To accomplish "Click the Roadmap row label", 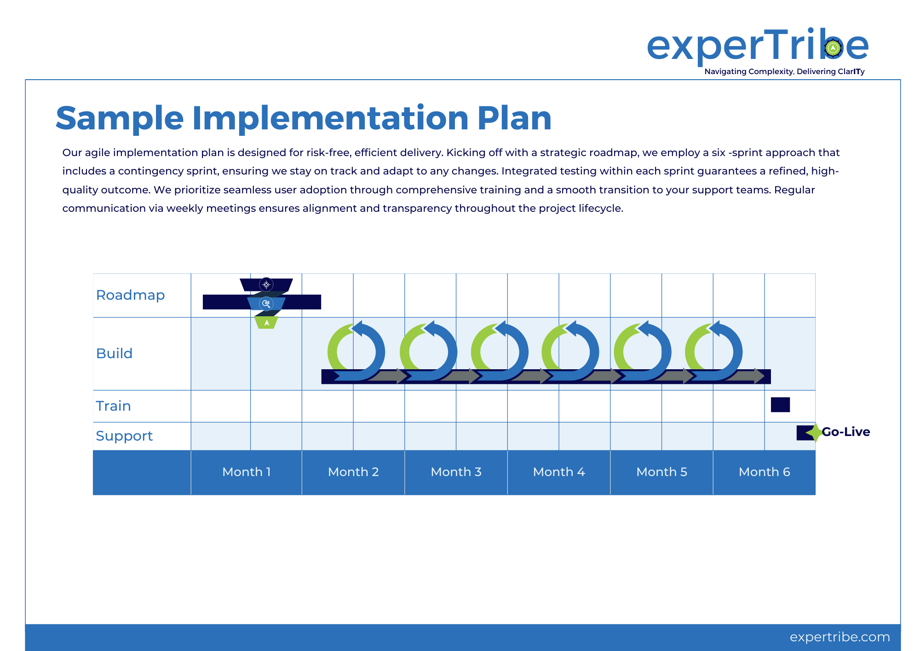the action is click(x=130, y=295).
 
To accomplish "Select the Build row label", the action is click(x=114, y=353).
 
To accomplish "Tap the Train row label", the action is click(x=113, y=406).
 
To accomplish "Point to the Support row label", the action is click(x=124, y=436).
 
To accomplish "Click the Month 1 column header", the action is click(x=247, y=472).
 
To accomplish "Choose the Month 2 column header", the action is click(x=353, y=472).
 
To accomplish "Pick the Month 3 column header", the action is click(x=456, y=472).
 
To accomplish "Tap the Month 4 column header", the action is click(x=559, y=472).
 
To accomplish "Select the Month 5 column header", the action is click(x=661, y=472).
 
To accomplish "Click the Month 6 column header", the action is click(x=764, y=472).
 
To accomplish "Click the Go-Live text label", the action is click(x=846, y=432).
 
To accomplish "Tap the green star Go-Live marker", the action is click(x=815, y=433).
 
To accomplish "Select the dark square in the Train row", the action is click(x=780, y=405).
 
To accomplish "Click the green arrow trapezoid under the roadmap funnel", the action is click(x=266, y=322).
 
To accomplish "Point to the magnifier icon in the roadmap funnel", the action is click(x=266, y=303).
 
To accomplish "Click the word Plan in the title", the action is click(x=514, y=118).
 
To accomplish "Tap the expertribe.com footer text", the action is click(x=839, y=637).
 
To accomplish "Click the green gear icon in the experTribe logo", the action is click(x=833, y=47).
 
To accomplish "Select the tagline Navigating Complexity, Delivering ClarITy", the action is click(x=784, y=71).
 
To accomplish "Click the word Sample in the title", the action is click(x=120, y=118).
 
